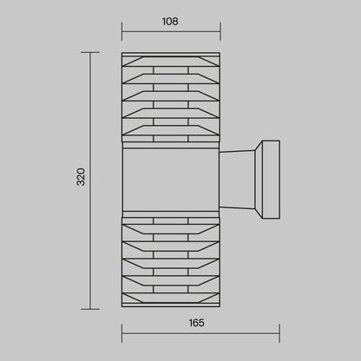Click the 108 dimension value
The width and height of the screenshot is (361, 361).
pyautogui.click(x=170, y=22)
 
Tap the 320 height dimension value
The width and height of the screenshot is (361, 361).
pyautogui.click(x=81, y=177)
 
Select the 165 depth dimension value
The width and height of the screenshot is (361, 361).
pyautogui.click(x=197, y=323)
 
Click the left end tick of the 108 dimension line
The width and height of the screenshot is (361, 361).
pyautogui.click(x=121, y=31)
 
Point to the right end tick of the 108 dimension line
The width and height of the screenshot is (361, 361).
pyautogui.click(x=220, y=31)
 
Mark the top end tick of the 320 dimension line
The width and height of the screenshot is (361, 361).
pyautogui.click(x=90, y=52)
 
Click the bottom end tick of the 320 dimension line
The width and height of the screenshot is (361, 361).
pyautogui.click(x=90, y=309)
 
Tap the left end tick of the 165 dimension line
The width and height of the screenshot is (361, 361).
pyautogui.click(x=121, y=333)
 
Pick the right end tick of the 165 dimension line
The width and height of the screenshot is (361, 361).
pyautogui.click(x=279, y=333)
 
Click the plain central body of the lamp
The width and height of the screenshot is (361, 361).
pyautogui.click(x=171, y=180)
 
